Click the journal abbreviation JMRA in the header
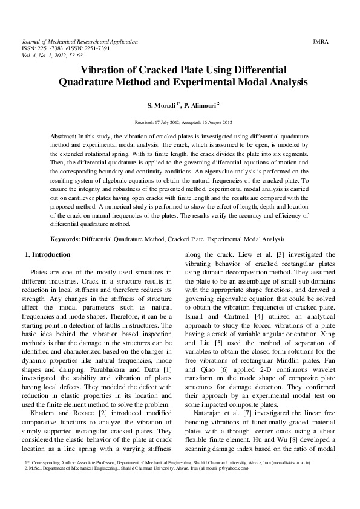(321, 42)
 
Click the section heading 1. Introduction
(47, 255)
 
